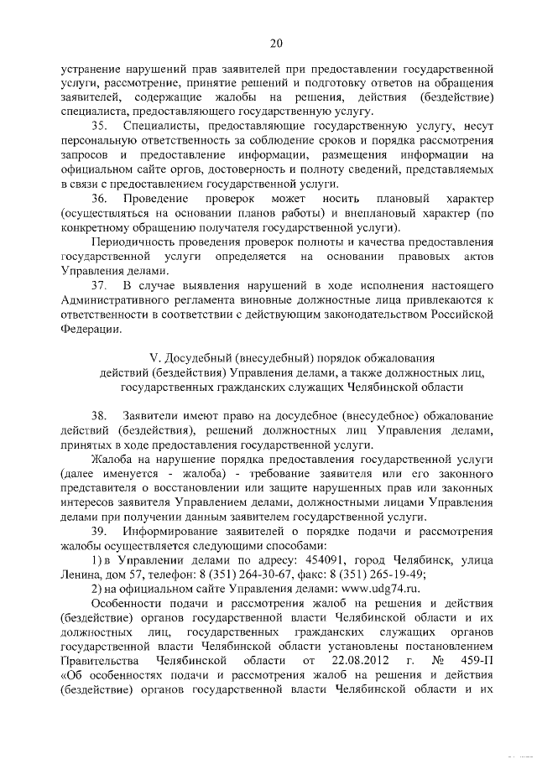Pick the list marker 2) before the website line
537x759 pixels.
[96, 589]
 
